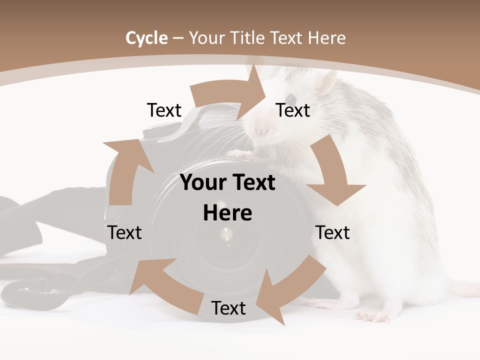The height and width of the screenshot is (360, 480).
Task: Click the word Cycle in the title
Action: pos(146,38)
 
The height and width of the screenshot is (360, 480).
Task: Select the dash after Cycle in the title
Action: pos(178,38)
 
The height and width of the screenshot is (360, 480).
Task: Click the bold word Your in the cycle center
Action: pos(198,183)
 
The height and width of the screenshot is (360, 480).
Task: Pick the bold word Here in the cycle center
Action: pos(227,213)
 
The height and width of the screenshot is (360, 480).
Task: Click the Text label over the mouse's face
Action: pos(293,110)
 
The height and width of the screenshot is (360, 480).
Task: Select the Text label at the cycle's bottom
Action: pos(228,308)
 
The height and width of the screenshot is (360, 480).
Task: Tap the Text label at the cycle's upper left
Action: pos(164,110)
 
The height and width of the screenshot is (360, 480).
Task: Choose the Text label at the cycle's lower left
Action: pos(124,232)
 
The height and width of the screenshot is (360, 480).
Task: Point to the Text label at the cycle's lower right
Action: pos(332,232)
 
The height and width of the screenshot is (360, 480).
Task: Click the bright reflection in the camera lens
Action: pos(228,232)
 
